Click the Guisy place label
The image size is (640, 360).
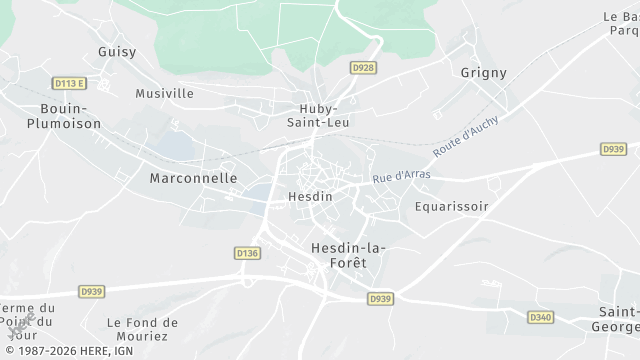pyautogui.click(x=117, y=51)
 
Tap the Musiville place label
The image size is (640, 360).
pyautogui.click(x=164, y=93)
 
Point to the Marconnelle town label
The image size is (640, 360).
pyautogui.click(x=193, y=178)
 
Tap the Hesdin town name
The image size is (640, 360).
pyautogui.click(x=309, y=197)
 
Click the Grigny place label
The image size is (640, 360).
pyautogui.click(x=484, y=73)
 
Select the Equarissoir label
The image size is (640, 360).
pyautogui.click(x=450, y=206)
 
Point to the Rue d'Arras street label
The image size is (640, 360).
pyautogui.click(x=401, y=177)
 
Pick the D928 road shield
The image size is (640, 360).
pyautogui.click(x=363, y=67)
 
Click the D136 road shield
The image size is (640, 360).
pyautogui.click(x=248, y=254)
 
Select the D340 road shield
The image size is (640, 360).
pyautogui.click(x=540, y=317)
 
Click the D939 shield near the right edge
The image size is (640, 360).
pyautogui.click(x=614, y=148)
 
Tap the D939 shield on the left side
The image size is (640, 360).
pyautogui.click(x=92, y=291)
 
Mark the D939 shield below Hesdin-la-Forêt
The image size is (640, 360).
pyautogui.click(x=380, y=298)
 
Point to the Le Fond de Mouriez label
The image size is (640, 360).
pyautogui.click(x=142, y=330)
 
